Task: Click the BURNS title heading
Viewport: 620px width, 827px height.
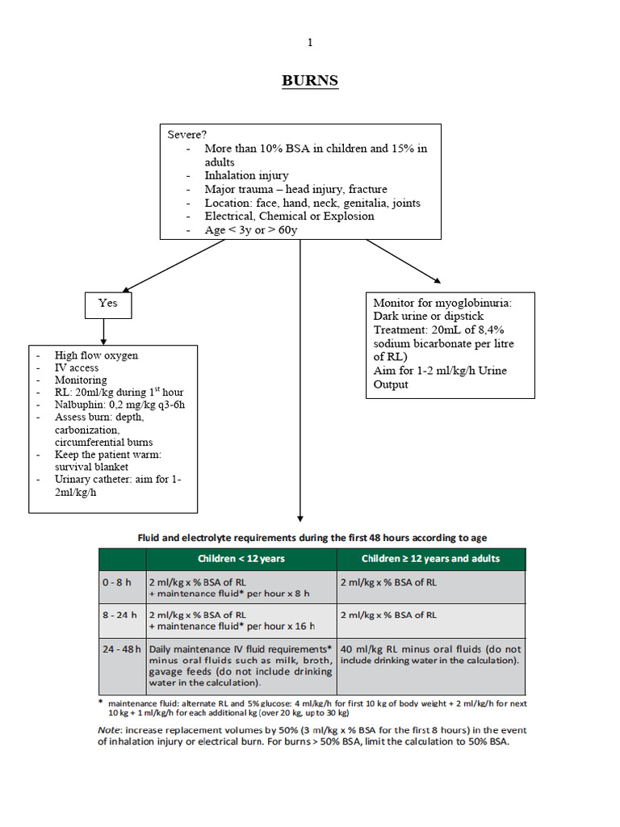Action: tap(310, 81)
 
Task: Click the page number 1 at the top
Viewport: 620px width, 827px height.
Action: tap(310, 42)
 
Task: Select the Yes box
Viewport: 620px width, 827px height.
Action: tap(108, 305)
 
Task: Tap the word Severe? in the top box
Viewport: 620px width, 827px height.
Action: tap(186, 135)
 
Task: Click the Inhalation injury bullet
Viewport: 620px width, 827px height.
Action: tap(246, 175)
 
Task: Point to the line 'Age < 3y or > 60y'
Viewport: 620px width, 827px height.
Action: tap(251, 230)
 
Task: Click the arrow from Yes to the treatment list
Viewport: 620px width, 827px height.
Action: tap(103, 332)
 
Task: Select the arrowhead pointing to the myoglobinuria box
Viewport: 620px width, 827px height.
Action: tap(437, 280)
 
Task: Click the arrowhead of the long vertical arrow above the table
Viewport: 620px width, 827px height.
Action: tap(300, 518)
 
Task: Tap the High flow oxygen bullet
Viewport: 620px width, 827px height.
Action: tap(97, 355)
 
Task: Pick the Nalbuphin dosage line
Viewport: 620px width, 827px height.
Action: tap(119, 405)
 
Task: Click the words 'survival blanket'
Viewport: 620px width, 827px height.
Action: tap(91, 467)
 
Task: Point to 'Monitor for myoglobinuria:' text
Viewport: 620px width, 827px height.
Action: tap(442, 303)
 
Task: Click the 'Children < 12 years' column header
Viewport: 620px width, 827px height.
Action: tap(241, 559)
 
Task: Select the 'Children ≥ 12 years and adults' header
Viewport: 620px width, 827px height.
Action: tap(431, 559)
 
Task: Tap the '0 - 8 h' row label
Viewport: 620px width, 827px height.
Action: tap(116, 582)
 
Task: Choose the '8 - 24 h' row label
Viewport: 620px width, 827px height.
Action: tap(119, 615)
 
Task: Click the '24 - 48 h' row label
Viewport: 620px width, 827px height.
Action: tap(122, 649)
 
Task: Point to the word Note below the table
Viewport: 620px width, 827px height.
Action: tap(109, 730)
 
